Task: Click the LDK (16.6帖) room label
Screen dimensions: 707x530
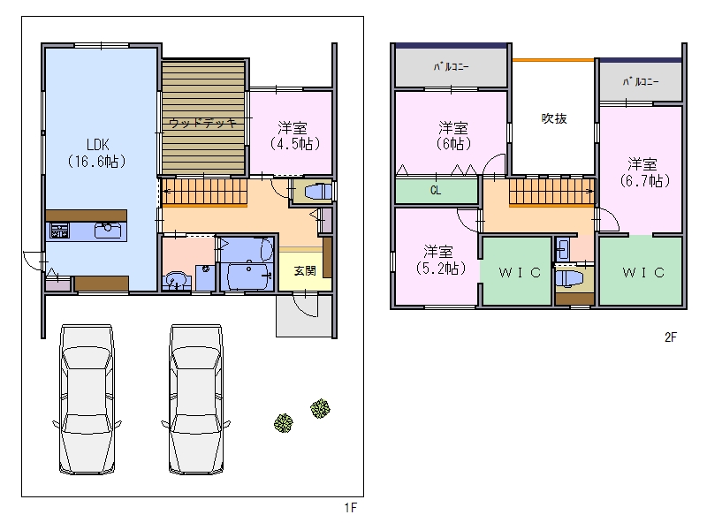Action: (x=97, y=153)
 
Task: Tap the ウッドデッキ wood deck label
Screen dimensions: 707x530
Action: (x=203, y=123)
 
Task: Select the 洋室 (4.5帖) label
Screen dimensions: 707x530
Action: (x=294, y=136)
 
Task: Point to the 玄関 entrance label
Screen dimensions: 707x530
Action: (x=305, y=270)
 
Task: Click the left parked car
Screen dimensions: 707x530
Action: (x=87, y=399)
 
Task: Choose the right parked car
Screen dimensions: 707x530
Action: (x=196, y=399)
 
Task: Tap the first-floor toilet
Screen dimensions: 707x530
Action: (x=318, y=192)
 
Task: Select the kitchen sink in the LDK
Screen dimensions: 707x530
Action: (x=108, y=230)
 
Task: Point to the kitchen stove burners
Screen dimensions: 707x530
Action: (x=59, y=231)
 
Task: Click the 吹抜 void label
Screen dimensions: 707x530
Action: (x=554, y=118)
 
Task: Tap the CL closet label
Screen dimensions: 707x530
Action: (x=436, y=191)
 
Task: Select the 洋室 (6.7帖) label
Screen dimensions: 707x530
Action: (x=644, y=172)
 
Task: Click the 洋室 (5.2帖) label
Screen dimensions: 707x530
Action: (x=439, y=260)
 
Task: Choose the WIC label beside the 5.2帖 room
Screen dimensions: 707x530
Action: (x=520, y=272)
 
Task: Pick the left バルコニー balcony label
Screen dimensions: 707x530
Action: (x=451, y=67)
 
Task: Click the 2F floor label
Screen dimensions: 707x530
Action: (x=671, y=337)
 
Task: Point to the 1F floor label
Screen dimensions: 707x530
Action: (x=350, y=508)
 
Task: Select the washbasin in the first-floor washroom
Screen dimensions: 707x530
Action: (x=176, y=280)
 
